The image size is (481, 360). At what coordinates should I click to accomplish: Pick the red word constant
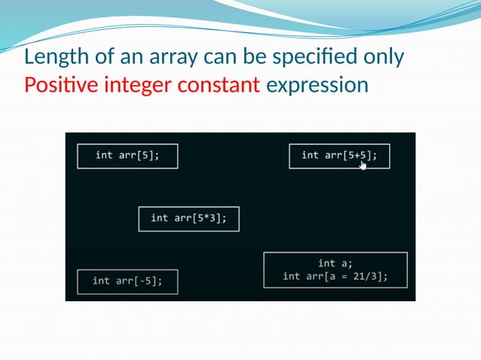pyautogui.click(x=219, y=85)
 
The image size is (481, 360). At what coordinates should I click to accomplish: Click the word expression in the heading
pyautogui.click(x=317, y=85)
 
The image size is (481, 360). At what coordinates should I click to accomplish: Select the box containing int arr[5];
pyautogui.click(x=127, y=156)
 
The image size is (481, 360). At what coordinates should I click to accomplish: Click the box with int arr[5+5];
pyautogui.click(x=339, y=156)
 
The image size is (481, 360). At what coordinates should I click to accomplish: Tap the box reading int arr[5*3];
pyautogui.click(x=188, y=218)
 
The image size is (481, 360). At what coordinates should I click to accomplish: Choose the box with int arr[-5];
pyautogui.click(x=127, y=281)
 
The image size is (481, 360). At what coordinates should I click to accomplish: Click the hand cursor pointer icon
pyautogui.click(x=363, y=164)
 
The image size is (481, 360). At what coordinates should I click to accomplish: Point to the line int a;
pyautogui.click(x=335, y=263)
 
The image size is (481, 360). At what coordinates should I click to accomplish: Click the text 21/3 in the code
pyautogui.click(x=366, y=276)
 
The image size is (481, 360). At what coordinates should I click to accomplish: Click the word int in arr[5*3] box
pyautogui.click(x=159, y=218)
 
